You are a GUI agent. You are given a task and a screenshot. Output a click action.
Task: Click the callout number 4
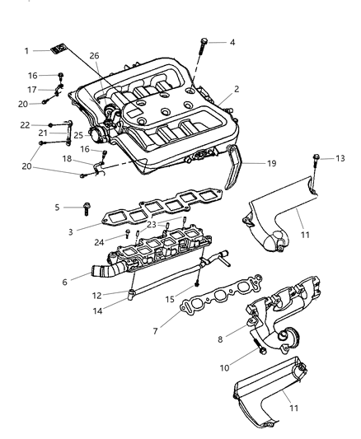coord(232,42)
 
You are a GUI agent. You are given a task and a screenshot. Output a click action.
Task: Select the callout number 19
coord(270,163)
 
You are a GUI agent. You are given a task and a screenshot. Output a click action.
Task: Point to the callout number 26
coord(95,55)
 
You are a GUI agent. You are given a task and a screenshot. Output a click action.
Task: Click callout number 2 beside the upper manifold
coord(236,89)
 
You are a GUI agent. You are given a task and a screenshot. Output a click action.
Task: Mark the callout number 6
coord(220,338)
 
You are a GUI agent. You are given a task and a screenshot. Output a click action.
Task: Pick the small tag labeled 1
coord(56,49)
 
